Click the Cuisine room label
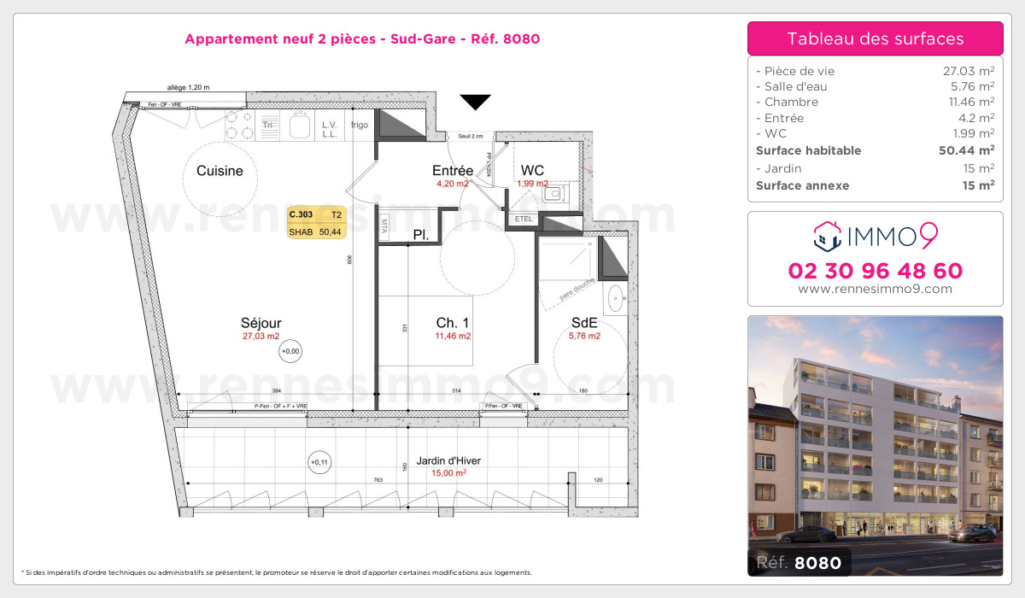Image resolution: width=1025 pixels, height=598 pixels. [220, 171]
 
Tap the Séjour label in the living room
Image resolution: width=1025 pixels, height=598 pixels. [261, 323]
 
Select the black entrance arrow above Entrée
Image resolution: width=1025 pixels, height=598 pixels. [476, 103]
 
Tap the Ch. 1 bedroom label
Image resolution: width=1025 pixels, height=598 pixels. [453, 323]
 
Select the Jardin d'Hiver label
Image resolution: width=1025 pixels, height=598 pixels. [448, 460]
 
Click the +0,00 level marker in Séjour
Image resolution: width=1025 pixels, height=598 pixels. [291, 350]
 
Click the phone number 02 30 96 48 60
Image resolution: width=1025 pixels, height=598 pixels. [875, 271]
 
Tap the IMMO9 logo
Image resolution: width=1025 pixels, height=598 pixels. [875, 236]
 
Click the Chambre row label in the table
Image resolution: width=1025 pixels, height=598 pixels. [780, 103]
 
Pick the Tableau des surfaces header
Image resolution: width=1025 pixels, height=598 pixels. [875, 38]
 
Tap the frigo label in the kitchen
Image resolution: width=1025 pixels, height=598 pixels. [359, 125]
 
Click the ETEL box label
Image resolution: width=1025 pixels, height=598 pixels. [524, 219]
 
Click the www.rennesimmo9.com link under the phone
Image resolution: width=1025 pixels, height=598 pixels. [875, 289]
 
